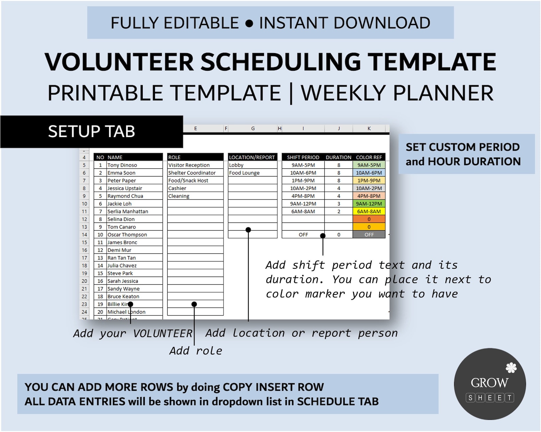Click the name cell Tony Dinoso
tap(122, 165)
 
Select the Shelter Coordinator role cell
tap(192, 173)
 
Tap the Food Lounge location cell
tap(244, 173)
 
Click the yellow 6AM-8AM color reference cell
tap(369, 212)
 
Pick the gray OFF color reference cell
tap(369, 235)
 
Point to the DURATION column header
tap(338, 157)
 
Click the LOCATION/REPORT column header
tap(252, 157)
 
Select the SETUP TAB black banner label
tap(92, 132)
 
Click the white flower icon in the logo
tap(511, 368)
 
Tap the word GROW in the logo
tap(490, 383)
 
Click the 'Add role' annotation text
tap(196, 351)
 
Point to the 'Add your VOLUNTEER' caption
tap(133, 333)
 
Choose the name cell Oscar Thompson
tap(127, 235)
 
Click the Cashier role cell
tap(177, 188)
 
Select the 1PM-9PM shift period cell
tap(303, 181)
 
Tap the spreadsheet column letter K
tap(369, 129)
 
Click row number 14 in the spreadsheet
tap(84, 235)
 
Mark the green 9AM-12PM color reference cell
tap(369, 204)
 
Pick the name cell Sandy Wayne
tap(123, 289)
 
